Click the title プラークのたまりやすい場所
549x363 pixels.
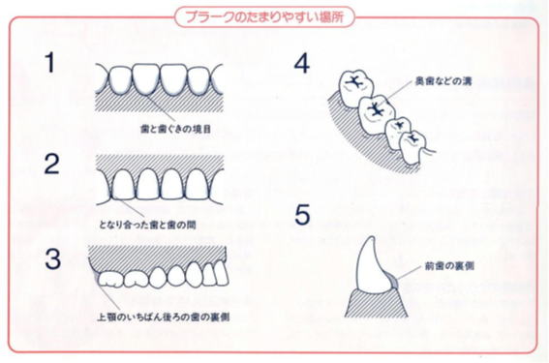point(264,16)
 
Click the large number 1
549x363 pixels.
point(51,63)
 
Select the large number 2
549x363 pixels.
point(52,164)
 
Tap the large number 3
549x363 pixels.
point(52,259)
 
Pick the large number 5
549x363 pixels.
point(302,214)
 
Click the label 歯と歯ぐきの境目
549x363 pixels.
point(175,129)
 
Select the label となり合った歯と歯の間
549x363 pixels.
point(147,225)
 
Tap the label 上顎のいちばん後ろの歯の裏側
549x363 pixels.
point(164,318)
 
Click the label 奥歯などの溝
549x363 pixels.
point(443,81)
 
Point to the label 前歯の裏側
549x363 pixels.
point(449,266)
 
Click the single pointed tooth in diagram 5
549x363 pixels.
point(374,266)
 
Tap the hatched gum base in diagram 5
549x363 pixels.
point(376,304)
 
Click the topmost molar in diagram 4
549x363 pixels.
point(356,87)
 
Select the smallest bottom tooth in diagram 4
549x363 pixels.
point(414,147)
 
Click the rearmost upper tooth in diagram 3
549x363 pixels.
point(110,280)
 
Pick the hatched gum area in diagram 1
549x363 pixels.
point(160,102)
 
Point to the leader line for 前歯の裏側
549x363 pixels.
point(410,272)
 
